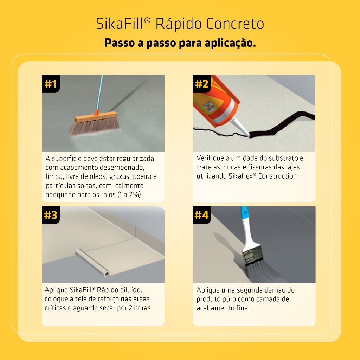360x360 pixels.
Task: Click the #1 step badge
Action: tap(51, 84)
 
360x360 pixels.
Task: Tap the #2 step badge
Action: tap(201, 84)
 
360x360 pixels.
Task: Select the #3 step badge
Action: tap(51, 215)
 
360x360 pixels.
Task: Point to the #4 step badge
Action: tap(201, 215)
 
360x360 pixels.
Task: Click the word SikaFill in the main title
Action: tap(120, 24)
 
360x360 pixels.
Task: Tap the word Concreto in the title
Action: tap(235, 24)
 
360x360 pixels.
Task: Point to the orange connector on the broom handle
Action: tap(96, 112)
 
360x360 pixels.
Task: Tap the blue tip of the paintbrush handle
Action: tap(245, 212)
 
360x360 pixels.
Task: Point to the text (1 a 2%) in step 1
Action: tap(130, 195)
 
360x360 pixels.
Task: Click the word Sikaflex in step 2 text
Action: tap(241, 176)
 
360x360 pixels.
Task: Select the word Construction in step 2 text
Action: tap(278, 176)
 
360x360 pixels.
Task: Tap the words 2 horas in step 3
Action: tap(140, 308)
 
